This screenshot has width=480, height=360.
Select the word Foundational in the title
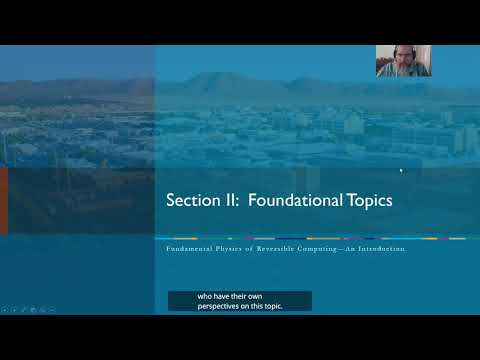292,200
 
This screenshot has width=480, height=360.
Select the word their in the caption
250,296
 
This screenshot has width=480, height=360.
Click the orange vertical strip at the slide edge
3,200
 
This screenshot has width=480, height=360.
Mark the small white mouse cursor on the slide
401,170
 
